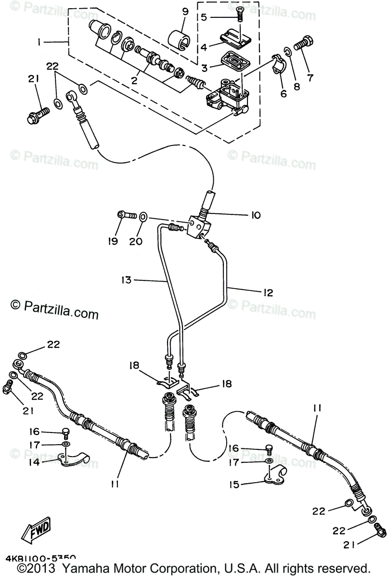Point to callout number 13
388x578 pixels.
click(127, 279)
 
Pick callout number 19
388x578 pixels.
click(112, 241)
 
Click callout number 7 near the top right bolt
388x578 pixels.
click(307, 77)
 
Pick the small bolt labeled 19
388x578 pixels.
click(125, 215)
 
